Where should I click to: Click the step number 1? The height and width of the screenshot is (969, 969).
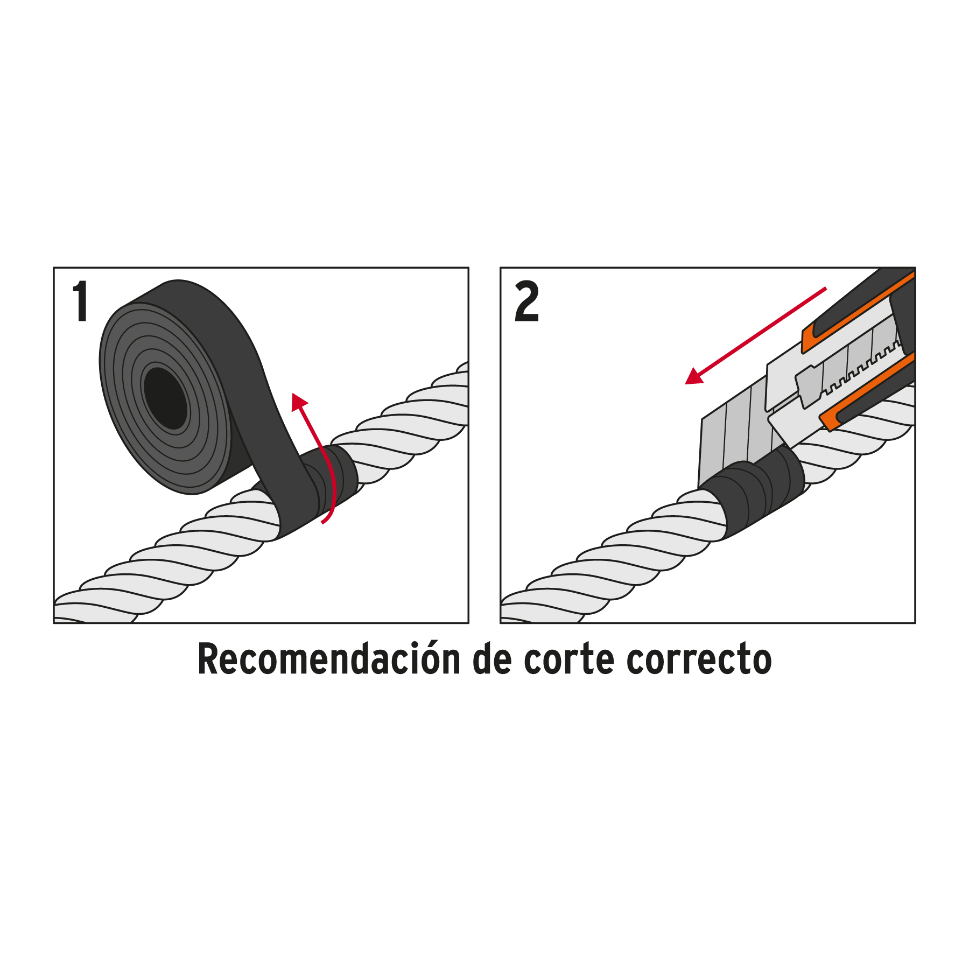81,301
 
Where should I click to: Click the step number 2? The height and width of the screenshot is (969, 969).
526,302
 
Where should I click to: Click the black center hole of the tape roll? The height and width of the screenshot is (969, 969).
166,398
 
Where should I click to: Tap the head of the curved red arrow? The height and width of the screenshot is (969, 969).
299,402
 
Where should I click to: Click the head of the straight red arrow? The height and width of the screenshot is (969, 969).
694,375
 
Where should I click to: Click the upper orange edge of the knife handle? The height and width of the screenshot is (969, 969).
856,312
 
